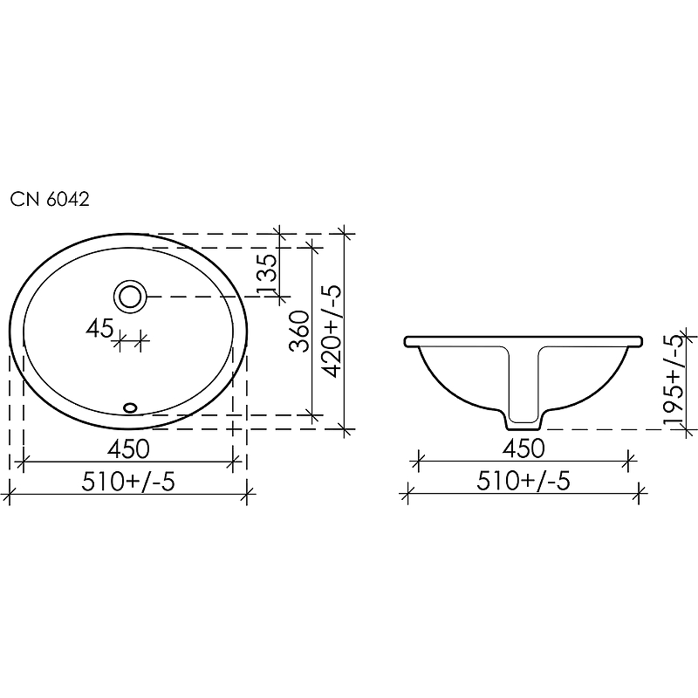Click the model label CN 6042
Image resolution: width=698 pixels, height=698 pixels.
50,199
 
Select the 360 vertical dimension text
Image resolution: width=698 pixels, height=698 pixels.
300,331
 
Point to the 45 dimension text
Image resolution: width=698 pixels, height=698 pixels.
99,328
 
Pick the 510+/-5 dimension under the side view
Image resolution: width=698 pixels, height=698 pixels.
523,482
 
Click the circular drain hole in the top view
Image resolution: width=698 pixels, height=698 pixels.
131,297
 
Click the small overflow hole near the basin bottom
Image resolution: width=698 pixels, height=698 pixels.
131,406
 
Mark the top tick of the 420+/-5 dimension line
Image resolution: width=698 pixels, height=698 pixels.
346,234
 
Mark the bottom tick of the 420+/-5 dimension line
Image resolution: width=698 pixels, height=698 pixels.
346,429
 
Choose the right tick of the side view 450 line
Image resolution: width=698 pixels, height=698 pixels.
628,460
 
